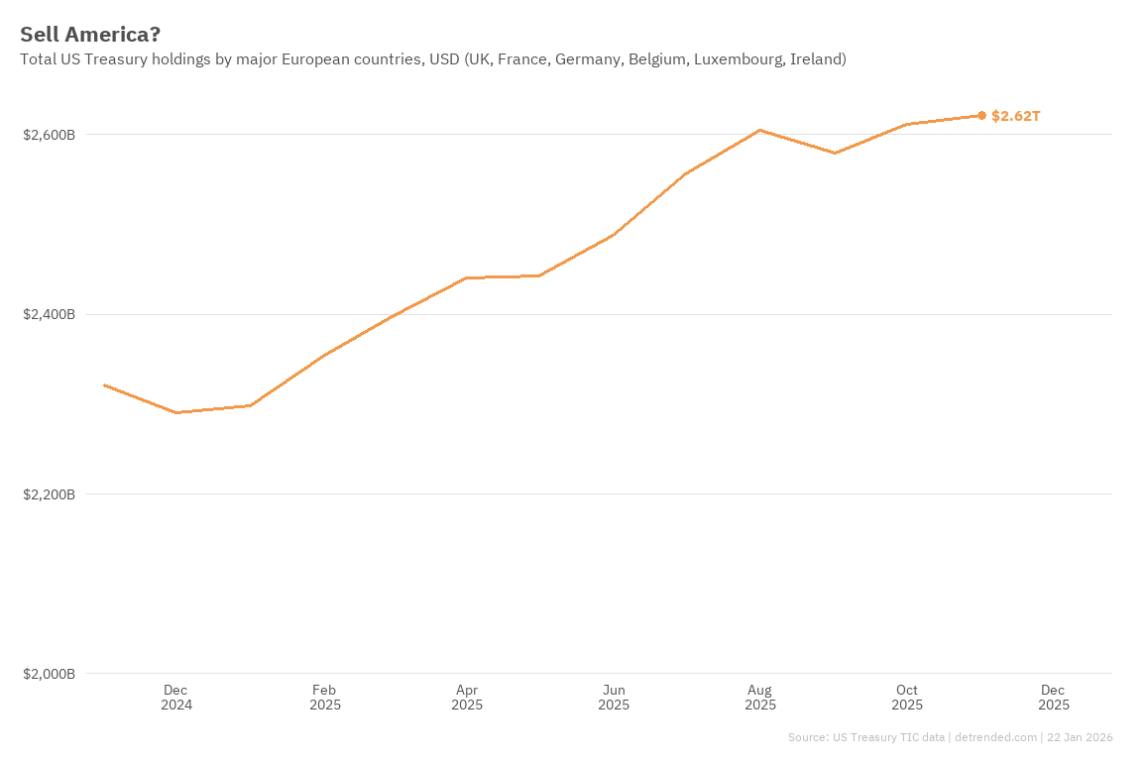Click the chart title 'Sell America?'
(90, 35)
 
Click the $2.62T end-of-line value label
(1016, 116)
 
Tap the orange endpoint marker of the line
(981, 116)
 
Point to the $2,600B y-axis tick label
(50, 135)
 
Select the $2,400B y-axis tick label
(50, 315)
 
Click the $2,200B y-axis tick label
(50, 494)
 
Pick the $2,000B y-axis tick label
(50, 674)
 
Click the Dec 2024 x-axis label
(176, 698)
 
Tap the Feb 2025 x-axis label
(324, 698)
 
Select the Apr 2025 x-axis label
(467, 698)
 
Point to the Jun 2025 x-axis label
(614, 698)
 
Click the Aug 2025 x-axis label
(760, 698)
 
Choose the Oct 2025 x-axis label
(907, 698)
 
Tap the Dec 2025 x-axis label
(1053, 698)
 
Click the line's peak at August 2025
(759, 130)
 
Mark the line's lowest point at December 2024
(176, 412)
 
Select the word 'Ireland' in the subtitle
(816, 59)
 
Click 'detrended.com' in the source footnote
(994, 737)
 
